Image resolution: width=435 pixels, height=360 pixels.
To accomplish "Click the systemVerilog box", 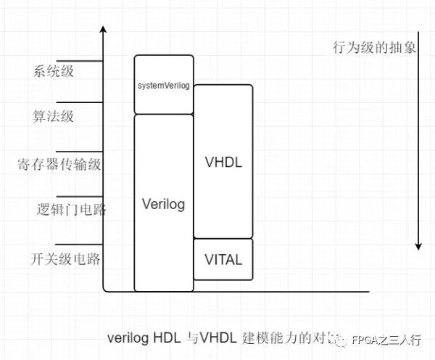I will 164,85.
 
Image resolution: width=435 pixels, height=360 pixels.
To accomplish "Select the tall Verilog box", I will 164,202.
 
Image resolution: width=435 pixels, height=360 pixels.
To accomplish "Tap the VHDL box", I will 223,161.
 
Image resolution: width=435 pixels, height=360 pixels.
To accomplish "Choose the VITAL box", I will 223,259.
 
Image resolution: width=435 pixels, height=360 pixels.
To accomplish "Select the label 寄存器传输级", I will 59,163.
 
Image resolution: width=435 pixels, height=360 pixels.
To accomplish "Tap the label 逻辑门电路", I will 71,210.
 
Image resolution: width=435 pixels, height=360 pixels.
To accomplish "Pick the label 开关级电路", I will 65,259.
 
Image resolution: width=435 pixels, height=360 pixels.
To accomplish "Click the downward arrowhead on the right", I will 418,246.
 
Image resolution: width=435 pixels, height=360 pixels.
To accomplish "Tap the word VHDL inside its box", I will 223,162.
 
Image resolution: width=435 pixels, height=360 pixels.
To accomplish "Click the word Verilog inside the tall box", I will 164,204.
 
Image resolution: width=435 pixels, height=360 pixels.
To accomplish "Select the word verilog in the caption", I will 128,337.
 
